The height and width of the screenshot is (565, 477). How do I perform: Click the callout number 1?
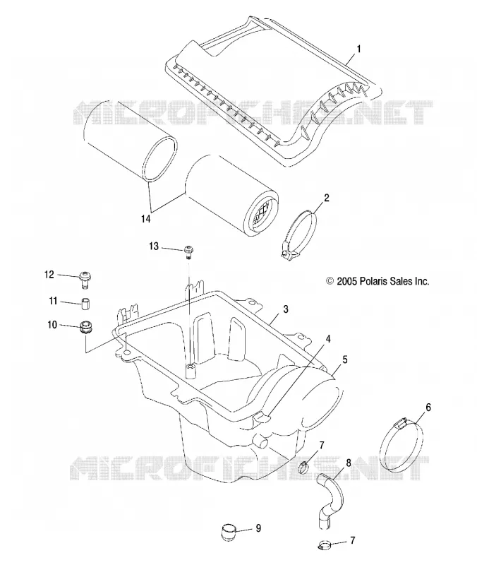coord(358,49)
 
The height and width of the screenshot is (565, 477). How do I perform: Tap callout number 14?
coord(146,218)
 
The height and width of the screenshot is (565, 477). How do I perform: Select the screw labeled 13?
coord(188,251)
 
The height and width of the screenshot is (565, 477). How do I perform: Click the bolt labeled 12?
coord(85,280)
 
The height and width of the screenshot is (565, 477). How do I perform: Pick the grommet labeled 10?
coord(85,327)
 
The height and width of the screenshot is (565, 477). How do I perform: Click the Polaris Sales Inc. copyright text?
coord(378,281)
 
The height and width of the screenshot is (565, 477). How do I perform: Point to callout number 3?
coord(286,309)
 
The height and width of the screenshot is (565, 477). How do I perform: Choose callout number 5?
coord(345,359)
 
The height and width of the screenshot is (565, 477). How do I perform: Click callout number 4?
coord(327,339)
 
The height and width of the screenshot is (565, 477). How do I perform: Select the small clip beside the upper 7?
coord(303,468)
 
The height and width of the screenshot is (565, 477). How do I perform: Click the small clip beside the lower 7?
coord(325,545)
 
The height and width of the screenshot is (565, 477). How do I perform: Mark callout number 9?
coord(258,528)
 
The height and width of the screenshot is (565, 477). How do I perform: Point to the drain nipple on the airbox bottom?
coord(260,441)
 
